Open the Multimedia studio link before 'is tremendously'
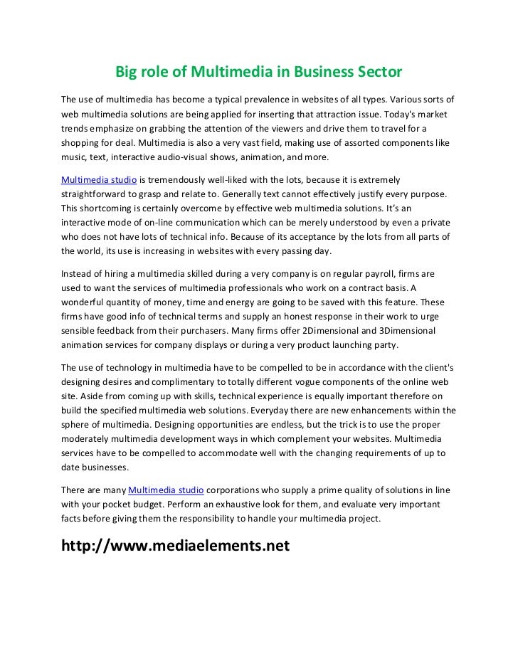point(99,179)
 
